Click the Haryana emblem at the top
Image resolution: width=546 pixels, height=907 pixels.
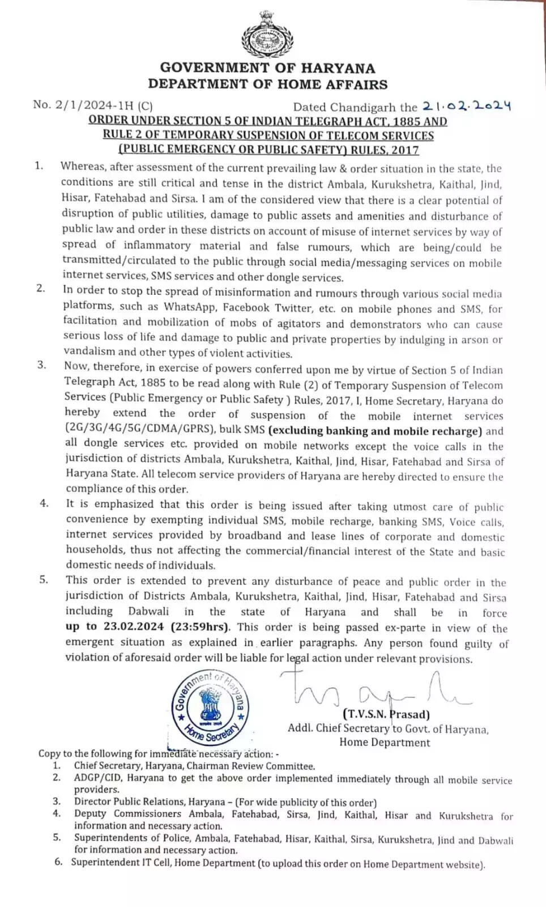click(268, 33)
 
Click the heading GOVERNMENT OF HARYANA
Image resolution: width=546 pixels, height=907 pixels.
click(267, 68)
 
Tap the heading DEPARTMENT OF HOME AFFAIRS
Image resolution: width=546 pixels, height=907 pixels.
click(267, 84)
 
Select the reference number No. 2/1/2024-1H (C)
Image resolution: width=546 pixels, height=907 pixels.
click(93, 104)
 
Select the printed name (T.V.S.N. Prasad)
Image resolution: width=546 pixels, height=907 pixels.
click(386, 714)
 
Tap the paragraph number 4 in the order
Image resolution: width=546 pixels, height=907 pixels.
click(44, 503)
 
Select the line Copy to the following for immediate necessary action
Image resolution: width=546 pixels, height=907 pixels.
click(159, 754)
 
